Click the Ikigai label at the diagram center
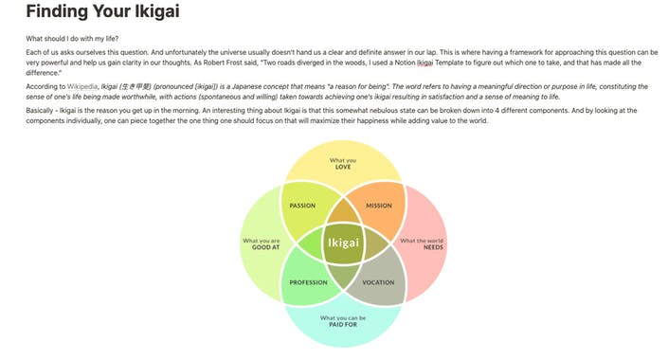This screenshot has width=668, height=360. pyautogui.click(x=343, y=243)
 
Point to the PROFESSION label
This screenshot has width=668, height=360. pyautogui.click(x=307, y=282)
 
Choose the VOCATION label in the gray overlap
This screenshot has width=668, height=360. pyautogui.click(x=378, y=282)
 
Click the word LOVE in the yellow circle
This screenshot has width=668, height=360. pyautogui.click(x=343, y=167)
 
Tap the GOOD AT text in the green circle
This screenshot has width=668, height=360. pyautogui.click(x=262, y=247)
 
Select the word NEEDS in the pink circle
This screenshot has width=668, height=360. pyautogui.click(x=422, y=247)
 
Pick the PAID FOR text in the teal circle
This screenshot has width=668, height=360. pyautogui.click(x=342, y=323)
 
